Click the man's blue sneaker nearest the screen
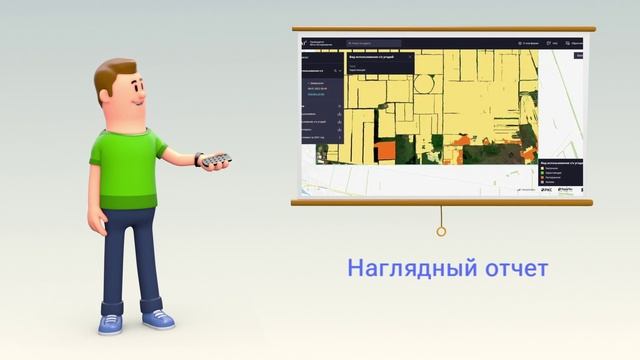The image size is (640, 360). coord(158,319)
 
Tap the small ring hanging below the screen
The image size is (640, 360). coord(441,232)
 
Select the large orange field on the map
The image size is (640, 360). coord(386,151)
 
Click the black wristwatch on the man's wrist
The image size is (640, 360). coord(199,159)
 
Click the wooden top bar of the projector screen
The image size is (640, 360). coord(441,29)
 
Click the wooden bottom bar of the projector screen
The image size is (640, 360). coord(441,201)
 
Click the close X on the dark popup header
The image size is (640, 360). coord(535,57)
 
